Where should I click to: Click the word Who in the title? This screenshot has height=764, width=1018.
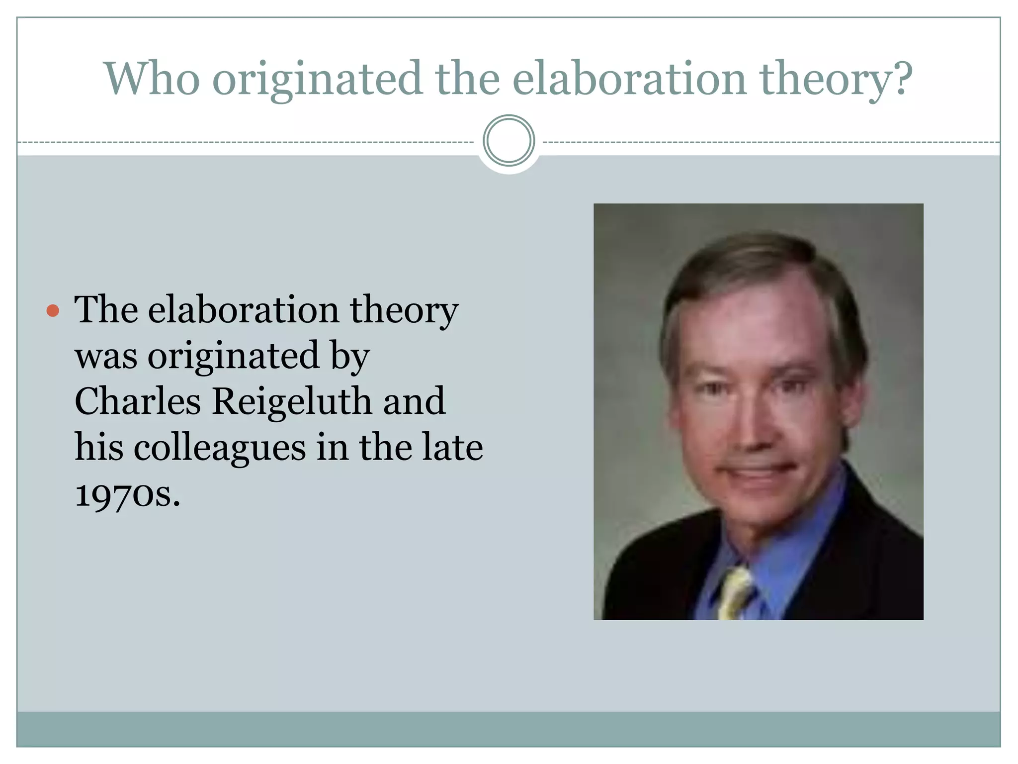152,79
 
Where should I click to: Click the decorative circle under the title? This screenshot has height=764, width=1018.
509,141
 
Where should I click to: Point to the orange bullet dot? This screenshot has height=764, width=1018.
53,311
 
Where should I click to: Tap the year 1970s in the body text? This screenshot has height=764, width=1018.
127,494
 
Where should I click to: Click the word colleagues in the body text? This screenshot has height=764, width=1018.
219,448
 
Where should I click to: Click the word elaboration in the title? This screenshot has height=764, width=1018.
629,79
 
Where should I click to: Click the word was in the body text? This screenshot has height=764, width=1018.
106,356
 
